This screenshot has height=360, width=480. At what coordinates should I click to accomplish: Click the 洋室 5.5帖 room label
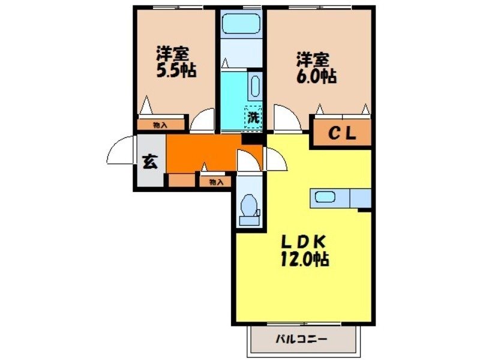click(x=176, y=62)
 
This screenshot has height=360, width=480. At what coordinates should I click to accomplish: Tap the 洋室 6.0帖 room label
click(x=315, y=68)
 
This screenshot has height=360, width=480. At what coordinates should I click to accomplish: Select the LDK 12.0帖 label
click(x=305, y=250)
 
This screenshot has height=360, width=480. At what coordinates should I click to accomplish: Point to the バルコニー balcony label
click(x=301, y=339)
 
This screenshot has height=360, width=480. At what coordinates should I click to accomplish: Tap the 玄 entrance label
click(x=149, y=162)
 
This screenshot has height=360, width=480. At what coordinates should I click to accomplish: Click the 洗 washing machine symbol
click(x=254, y=117)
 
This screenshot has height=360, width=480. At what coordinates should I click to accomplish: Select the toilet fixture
click(x=248, y=208)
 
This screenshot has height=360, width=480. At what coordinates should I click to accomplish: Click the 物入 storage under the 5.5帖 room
click(x=160, y=125)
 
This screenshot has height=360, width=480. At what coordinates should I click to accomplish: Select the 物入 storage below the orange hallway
click(x=215, y=181)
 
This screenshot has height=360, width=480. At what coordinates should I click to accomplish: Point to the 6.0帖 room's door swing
click(x=286, y=117)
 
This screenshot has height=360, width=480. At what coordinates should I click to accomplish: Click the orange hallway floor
click(x=204, y=153)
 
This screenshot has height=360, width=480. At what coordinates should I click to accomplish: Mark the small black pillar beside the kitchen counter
click(x=364, y=209)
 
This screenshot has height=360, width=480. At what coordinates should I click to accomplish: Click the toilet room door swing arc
click(x=247, y=161)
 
